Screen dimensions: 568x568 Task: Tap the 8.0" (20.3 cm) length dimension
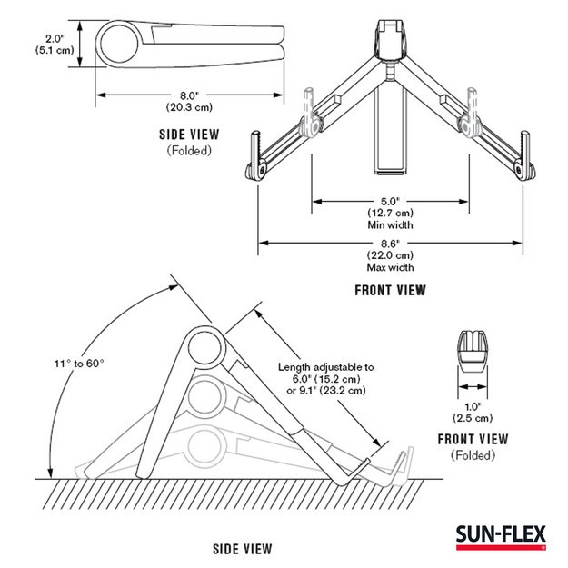coord(189,99)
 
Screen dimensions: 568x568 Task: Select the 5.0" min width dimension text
coord(391,211)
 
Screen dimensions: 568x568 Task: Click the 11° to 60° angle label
coord(79,363)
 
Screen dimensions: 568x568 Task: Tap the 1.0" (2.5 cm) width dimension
coord(473,411)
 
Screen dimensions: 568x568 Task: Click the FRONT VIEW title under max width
coord(391,291)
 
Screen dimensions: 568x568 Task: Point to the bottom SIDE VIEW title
coord(243,549)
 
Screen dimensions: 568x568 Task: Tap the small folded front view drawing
coord(473,354)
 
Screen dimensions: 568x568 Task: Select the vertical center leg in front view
coord(391,127)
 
